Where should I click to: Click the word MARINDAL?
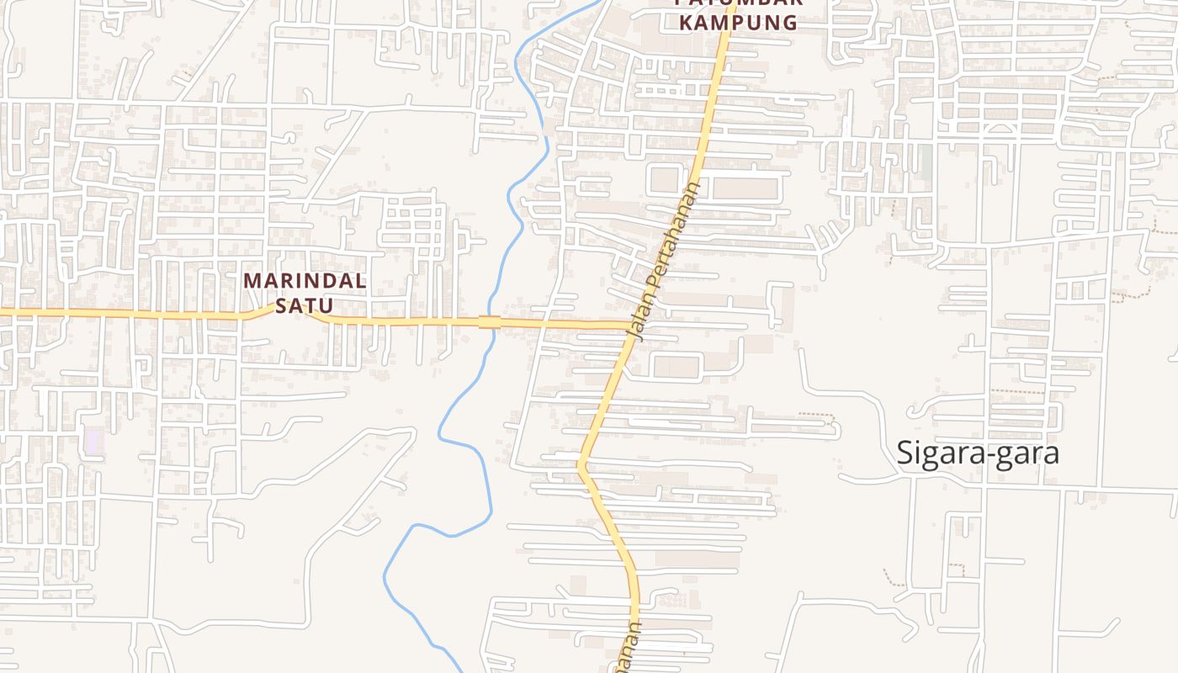[x=305, y=281]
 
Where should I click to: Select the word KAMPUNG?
[x=738, y=23]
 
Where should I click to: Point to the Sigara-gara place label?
[x=977, y=453]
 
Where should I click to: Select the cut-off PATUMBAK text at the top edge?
[x=738, y=3]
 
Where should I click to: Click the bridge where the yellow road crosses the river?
[x=490, y=322]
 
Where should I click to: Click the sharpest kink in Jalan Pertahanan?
[x=580, y=463]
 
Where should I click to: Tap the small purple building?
[x=94, y=441]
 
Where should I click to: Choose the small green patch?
[x=926, y=162]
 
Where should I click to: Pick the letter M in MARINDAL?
[x=252, y=281]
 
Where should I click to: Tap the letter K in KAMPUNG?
[x=686, y=23]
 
